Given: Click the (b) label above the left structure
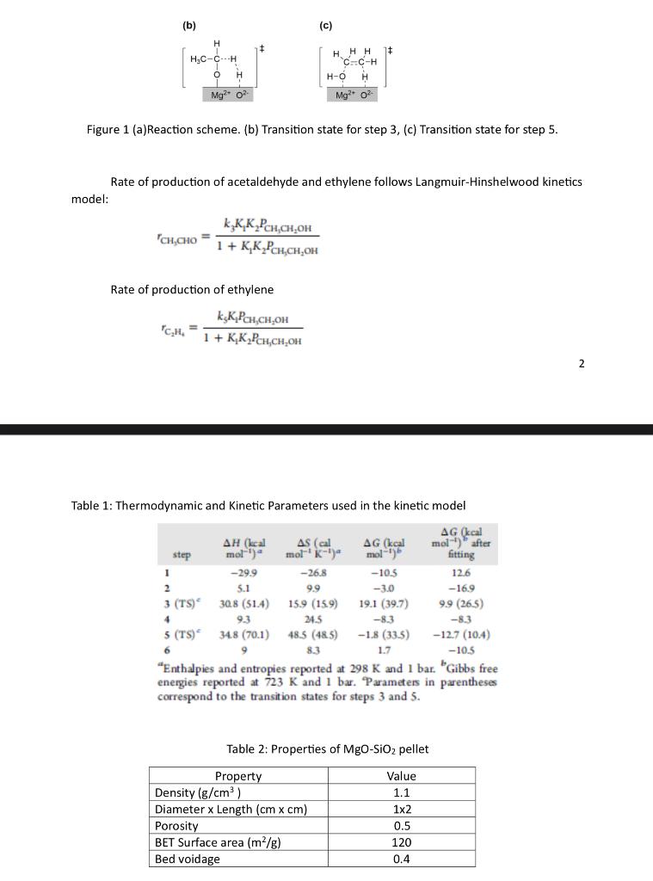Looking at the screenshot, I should [189, 26].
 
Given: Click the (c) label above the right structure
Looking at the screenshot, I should [325, 26].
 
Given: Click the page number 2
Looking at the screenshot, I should [582, 364].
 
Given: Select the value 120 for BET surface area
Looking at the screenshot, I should [401, 842].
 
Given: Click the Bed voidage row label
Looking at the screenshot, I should [186, 859].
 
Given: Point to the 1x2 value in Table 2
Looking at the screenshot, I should [401, 810].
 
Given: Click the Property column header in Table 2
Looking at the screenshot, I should [238, 776].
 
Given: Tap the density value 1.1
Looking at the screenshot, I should [401, 792].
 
